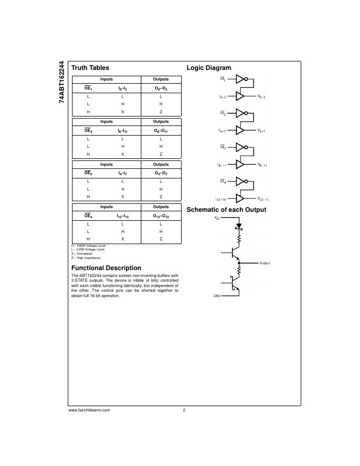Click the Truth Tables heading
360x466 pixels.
(90, 68)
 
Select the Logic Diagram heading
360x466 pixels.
(209, 68)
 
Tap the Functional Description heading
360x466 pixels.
(106, 268)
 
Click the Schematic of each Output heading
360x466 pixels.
(226, 210)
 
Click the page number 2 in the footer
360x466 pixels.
(184, 410)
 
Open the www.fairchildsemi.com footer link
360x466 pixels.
(89, 410)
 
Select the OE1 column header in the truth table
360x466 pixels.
(88, 88)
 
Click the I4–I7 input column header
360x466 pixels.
(122, 173)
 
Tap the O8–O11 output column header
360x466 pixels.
(161, 131)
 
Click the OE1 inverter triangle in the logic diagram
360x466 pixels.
(240, 79)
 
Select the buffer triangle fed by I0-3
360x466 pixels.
(240, 96)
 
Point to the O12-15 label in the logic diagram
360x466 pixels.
(263, 199)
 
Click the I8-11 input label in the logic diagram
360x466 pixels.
(222, 165)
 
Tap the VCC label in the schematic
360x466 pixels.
(217, 218)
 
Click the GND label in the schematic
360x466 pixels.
(217, 296)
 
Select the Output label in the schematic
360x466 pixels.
(265, 263)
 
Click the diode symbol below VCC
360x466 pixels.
(239, 226)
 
